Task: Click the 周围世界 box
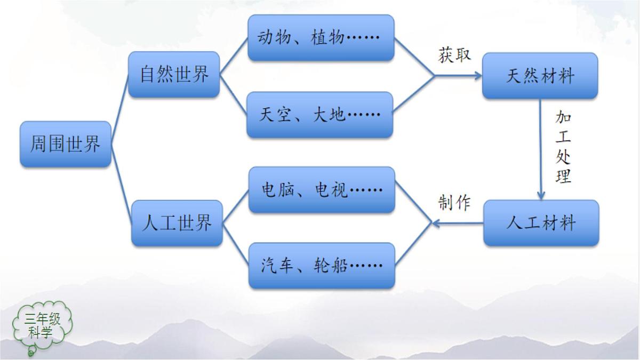[x=66, y=144]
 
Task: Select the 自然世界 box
[x=174, y=74]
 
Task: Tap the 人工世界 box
[x=177, y=223]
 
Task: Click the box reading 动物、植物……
[x=321, y=37]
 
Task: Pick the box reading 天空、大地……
[x=320, y=115]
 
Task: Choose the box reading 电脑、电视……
[x=322, y=190]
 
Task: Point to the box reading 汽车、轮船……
[x=322, y=266]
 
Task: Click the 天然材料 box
[x=540, y=76]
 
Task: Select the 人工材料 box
[x=541, y=223]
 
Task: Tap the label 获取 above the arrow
[x=454, y=55]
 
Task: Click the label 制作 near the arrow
[x=454, y=202]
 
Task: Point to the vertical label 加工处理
[x=563, y=147]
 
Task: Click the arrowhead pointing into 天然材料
[x=477, y=76]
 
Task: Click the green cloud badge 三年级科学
[x=43, y=326]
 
